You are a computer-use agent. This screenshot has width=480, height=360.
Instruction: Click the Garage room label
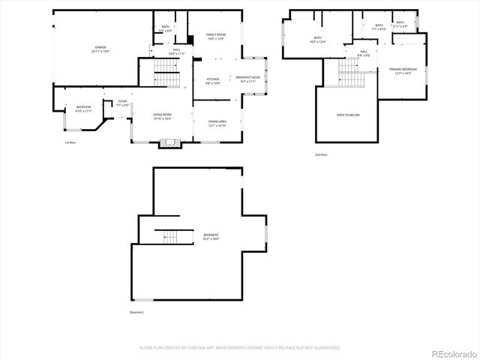pyautogui.click(x=100, y=49)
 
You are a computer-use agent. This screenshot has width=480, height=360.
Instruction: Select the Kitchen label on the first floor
pyautogui.click(x=212, y=80)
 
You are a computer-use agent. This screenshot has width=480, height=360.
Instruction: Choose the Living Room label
pyautogui.click(x=162, y=116)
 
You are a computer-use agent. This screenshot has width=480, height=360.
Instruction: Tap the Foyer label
pyautogui.click(x=123, y=103)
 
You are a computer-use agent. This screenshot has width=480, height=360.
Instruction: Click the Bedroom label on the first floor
pyautogui.click(x=83, y=109)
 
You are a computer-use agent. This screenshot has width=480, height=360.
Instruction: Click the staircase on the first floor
pyautogui.click(x=167, y=74)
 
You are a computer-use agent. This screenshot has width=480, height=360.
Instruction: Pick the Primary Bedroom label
pyautogui.click(x=402, y=71)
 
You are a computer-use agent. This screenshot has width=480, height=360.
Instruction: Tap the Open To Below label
pyautogui.click(x=347, y=115)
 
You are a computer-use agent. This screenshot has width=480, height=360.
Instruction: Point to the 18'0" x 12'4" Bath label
pyautogui.click(x=317, y=40)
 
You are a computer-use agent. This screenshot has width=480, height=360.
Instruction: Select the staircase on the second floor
pyautogui.click(x=350, y=73)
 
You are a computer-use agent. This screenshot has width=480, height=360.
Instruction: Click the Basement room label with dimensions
pyautogui.click(x=211, y=237)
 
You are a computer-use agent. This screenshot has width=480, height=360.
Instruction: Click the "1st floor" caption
pyautogui.click(x=70, y=142)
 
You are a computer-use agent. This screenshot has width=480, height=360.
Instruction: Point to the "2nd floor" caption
pyautogui.click(x=321, y=154)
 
